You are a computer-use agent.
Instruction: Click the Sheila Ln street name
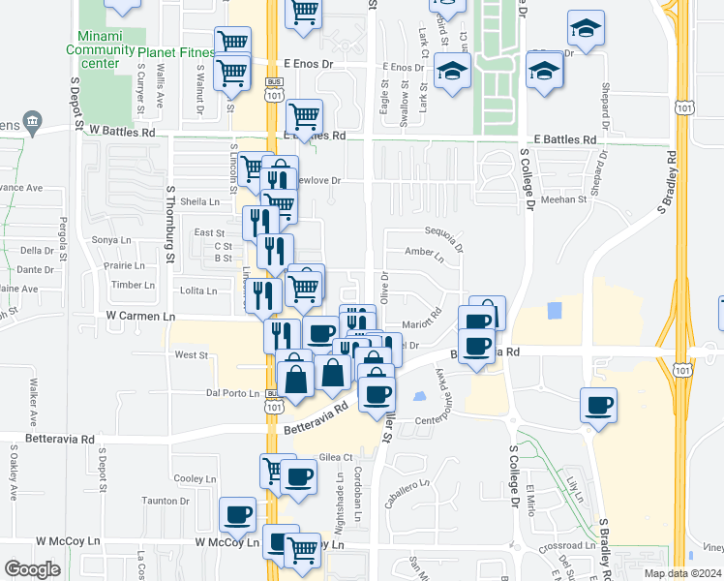click(x=200, y=201)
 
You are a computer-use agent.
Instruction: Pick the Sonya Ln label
click(x=110, y=240)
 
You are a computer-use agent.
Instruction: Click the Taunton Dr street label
click(x=165, y=501)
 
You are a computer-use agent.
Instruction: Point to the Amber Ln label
click(x=424, y=255)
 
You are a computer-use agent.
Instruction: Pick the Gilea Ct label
click(x=334, y=457)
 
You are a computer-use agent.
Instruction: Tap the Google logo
click(x=32, y=569)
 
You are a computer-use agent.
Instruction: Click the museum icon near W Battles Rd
click(x=33, y=121)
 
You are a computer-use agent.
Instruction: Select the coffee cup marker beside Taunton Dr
click(x=236, y=516)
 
